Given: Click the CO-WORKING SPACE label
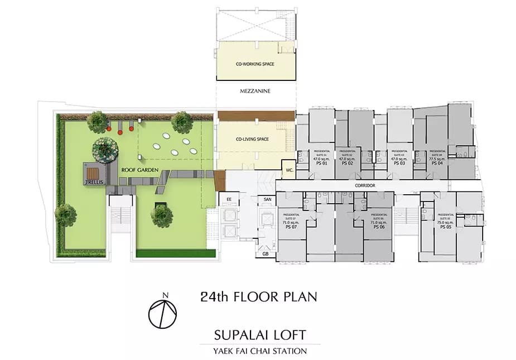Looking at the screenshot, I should [255, 64].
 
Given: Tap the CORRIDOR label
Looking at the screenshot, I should [365, 185].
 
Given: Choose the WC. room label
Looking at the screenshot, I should [290, 170].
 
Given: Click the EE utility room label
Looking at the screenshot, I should [229, 199].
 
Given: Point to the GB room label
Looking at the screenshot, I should [265, 254].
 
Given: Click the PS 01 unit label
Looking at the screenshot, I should [321, 164].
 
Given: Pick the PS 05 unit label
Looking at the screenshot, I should [445, 227].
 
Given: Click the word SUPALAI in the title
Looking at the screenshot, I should [236, 335].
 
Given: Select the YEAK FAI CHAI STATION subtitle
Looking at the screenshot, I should [260, 351].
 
